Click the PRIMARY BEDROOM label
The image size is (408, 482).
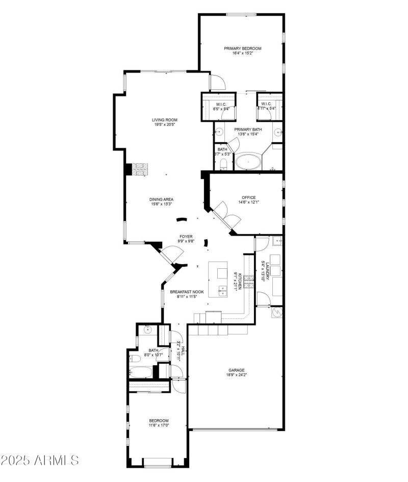click(242, 48)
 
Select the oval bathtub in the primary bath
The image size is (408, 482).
click(248, 162)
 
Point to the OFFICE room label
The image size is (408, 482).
click(248, 197)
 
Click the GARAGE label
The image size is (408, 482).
click(236, 370)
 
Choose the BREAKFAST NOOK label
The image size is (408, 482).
click(187, 292)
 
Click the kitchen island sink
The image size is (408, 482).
click(223, 291)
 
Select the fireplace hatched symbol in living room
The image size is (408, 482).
click(140, 169)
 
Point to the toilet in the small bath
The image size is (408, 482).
click(223, 164)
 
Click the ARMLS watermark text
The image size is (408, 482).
click(40, 461)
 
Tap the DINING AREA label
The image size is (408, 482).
click(161, 199)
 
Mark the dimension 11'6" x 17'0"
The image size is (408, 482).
click(159, 425)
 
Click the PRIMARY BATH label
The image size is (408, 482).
click(247, 130)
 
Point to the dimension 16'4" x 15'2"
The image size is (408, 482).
click(242, 54)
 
